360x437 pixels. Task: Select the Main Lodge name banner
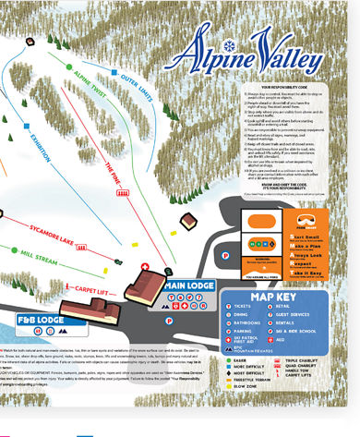188,285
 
